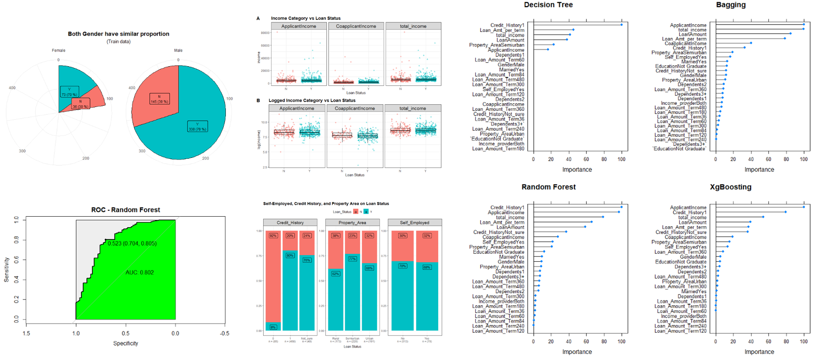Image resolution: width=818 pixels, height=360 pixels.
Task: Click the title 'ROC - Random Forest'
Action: [x=125, y=210]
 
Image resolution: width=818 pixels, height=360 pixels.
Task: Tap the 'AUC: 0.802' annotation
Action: [x=139, y=272]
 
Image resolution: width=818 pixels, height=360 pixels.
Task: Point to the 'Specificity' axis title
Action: [x=125, y=343]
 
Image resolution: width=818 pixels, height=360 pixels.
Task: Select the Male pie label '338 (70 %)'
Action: [x=197, y=127]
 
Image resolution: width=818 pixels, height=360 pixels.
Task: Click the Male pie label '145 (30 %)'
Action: [x=159, y=99]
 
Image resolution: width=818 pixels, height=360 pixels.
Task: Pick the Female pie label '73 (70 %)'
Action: [x=69, y=92]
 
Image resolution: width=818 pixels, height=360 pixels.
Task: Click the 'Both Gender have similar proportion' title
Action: [x=118, y=34]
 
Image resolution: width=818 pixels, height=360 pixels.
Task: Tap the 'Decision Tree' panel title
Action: [x=548, y=5]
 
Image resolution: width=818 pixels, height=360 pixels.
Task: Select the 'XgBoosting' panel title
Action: [x=730, y=187]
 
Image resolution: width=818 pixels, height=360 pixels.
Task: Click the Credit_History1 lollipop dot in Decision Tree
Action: [x=622, y=25]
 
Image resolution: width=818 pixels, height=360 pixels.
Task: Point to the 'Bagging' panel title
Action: [x=730, y=5]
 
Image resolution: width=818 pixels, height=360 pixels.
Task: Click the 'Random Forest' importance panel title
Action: [x=548, y=187]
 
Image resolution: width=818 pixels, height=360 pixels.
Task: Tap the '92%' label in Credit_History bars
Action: [x=273, y=235]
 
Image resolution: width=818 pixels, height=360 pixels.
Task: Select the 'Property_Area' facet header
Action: [x=352, y=223]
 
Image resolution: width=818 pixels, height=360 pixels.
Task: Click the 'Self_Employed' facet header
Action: [x=414, y=223]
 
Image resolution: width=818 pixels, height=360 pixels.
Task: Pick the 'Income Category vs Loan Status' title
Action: [x=306, y=18]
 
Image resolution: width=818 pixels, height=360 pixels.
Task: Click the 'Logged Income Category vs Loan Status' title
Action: [x=312, y=100]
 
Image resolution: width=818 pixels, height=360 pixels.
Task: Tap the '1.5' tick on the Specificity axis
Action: [x=26, y=333]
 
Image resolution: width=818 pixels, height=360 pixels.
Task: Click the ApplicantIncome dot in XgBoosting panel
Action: [x=804, y=207]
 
